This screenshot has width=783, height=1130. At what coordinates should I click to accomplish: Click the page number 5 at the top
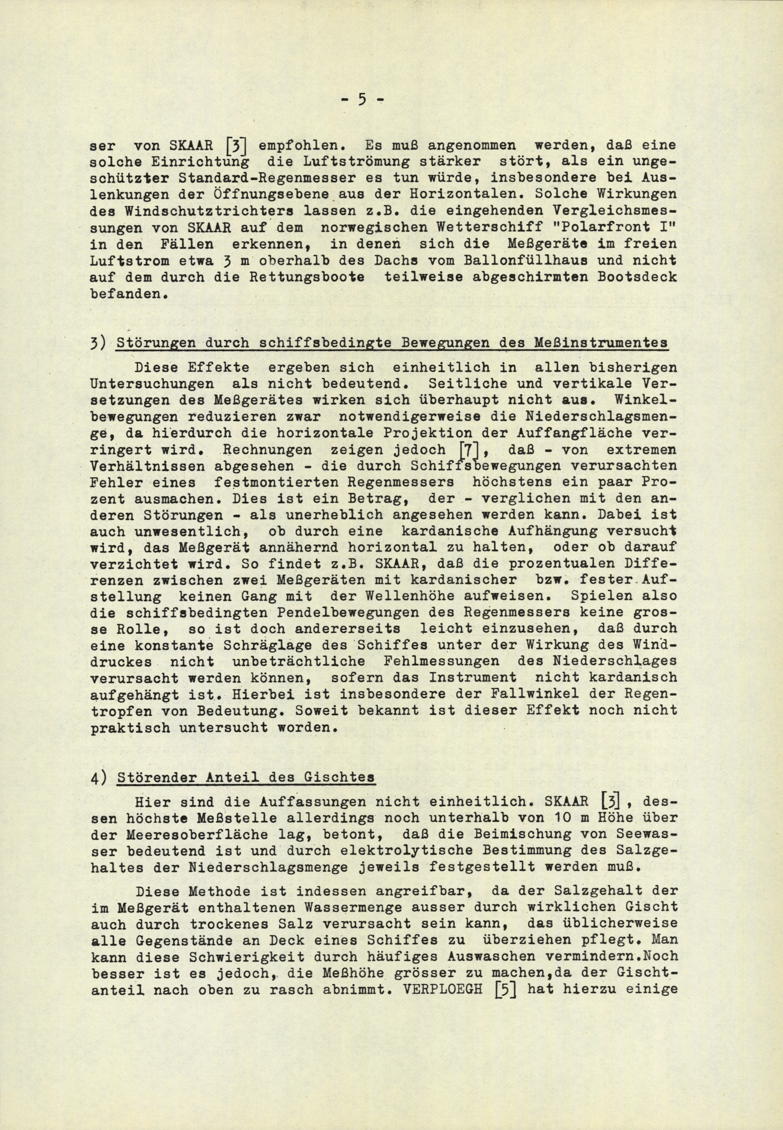pyautogui.click(x=362, y=100)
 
